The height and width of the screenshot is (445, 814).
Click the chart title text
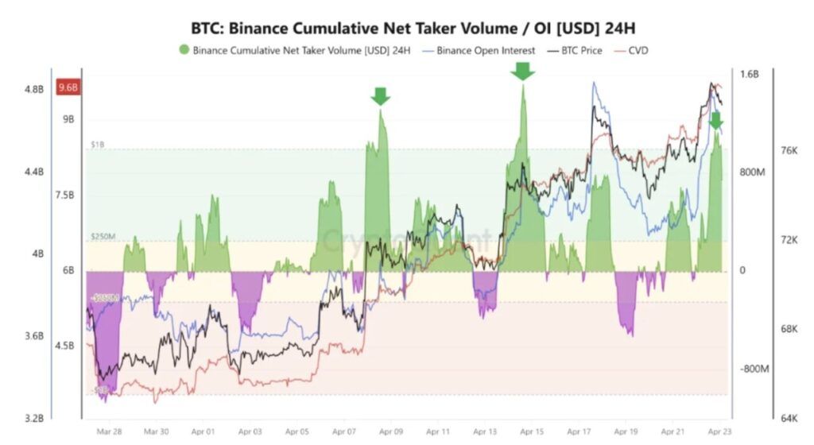tap(413, 28)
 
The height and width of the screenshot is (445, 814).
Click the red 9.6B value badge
tap(67, 88)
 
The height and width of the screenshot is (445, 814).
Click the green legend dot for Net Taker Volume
tap(184, 50)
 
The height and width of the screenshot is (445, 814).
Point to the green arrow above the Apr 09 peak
tap(381, 96)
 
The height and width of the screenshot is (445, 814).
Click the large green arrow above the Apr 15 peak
tap(522, 72)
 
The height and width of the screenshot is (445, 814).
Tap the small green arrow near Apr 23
tap(715, 121)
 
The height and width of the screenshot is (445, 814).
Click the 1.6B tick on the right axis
tap(750, 74)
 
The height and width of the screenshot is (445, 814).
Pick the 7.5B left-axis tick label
tap(63, 195)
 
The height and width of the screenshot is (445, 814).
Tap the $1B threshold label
tap(97, 145)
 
